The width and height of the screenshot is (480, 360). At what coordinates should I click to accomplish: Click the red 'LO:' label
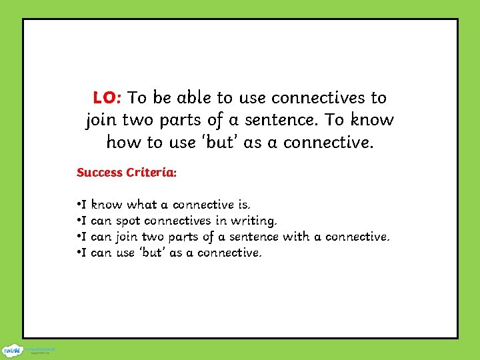point(107,98)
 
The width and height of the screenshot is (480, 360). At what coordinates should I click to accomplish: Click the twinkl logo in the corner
point(11,349)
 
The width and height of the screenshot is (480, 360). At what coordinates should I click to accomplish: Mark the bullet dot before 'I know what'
point(79,204)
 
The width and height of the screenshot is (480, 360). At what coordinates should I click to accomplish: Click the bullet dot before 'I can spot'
point(79,220)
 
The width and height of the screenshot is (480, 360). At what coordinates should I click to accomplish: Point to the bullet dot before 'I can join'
point(79,237)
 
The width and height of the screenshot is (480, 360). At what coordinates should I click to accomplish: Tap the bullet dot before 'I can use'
point(79,253)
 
